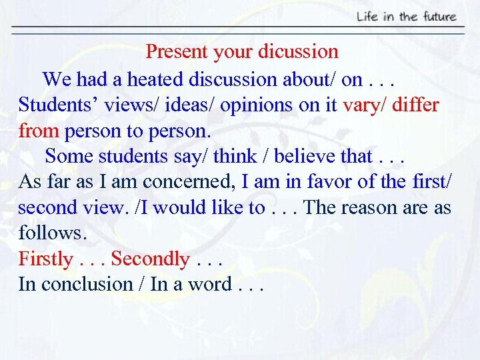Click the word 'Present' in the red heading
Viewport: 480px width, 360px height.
tap(171, 51)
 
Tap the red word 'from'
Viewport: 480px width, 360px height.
tap(39, 131)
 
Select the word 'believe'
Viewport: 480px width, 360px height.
tap(305, 157)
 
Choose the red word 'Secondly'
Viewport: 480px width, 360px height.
tap(151, 259)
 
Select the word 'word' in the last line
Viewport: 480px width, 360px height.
tap(209, 284)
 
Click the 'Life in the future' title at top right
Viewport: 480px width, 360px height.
tap(406, 16)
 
